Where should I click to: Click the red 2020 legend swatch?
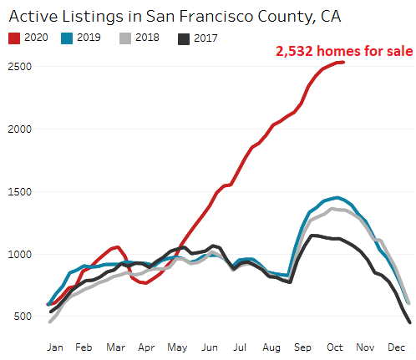pos(15,38)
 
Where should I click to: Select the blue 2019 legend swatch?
pos(68,38)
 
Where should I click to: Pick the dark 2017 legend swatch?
pos(184,38)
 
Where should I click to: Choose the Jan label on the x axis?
pos(55,346)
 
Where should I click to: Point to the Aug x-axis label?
pos(271,346)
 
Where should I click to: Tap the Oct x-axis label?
pos(334,346)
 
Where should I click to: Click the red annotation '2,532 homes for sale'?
pos(344,52)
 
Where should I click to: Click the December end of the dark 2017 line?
pos(408,322)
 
